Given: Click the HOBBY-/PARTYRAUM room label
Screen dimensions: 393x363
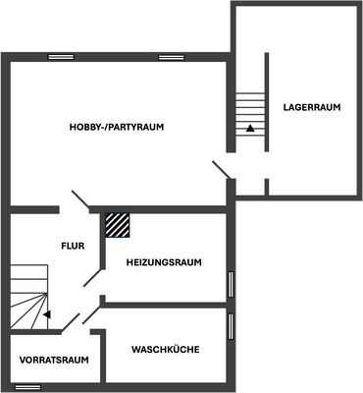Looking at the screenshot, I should tap(116, 128).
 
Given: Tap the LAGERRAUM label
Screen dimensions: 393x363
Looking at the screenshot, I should tap(311, 107).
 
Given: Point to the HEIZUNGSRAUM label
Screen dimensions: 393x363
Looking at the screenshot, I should tap(164, 262).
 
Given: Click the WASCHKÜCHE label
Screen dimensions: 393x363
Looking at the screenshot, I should tap(166, 349).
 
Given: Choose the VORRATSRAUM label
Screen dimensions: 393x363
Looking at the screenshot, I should tap(54, 361).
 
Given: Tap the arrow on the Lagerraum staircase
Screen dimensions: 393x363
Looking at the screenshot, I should tap(251, 128).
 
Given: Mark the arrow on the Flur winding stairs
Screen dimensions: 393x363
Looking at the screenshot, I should tap(45, 314).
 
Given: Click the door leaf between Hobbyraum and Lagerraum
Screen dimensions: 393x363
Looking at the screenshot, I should tap(222, 170).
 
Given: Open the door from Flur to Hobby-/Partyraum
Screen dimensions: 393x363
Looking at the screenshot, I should tap(78, 199).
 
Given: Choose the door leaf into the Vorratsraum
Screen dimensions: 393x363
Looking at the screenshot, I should tap(72, 322).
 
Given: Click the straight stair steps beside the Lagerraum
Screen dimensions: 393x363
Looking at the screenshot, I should tap(251, 108).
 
